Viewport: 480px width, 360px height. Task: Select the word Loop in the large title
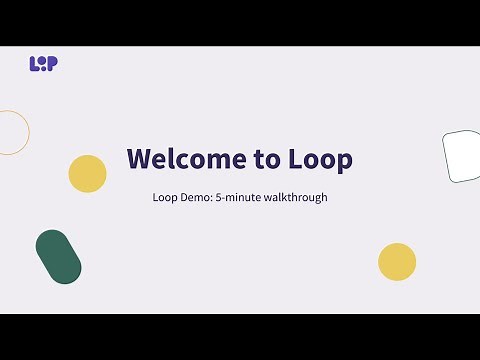(320, 159)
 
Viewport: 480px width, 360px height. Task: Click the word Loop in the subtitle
(165, 197)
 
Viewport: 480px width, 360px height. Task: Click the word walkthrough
(295, 197)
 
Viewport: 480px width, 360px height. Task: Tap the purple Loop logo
(43, 63)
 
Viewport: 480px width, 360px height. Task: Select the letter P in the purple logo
(53, 63)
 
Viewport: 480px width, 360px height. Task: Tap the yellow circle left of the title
(87, 174)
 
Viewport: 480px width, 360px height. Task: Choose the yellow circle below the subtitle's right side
(397, 262)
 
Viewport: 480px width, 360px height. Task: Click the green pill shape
(58, 257)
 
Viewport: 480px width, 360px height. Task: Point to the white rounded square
(463, 157)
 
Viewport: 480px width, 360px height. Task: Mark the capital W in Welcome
(139, 159)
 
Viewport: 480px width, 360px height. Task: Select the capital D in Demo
(184, 197)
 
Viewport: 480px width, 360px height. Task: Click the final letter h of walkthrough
(324, 197)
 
